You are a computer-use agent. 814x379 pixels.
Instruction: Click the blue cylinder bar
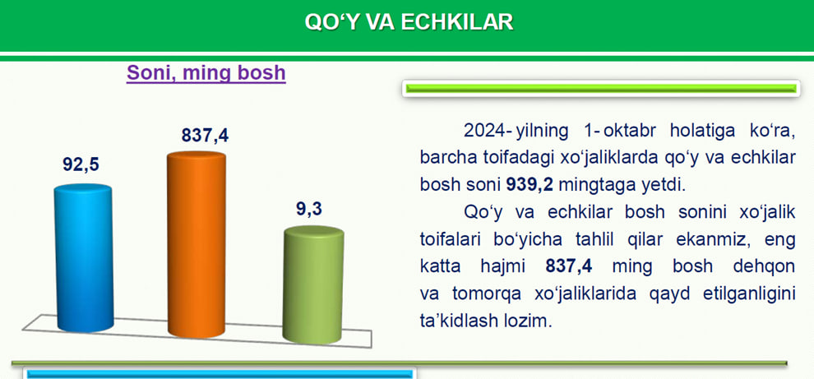point(84,257)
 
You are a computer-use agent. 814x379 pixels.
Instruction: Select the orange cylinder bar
point(197,244)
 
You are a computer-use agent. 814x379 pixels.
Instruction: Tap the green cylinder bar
point(313,284)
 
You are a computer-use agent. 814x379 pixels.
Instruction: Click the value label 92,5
point(81,164)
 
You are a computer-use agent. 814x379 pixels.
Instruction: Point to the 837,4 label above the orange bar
point(205,136)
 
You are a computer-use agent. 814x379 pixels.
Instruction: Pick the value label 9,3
point(309,209)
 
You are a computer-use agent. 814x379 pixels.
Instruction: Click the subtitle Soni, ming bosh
point(206,72)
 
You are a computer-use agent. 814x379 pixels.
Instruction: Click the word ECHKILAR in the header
point(457,22)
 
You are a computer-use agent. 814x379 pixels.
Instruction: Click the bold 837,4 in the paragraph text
point(570,266)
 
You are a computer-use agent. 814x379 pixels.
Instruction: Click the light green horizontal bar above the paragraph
point(601,89)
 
